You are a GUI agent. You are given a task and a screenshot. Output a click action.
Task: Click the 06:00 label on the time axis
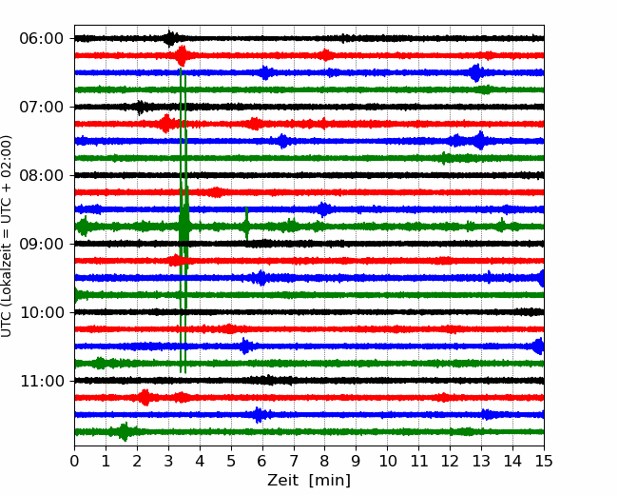point(42,39)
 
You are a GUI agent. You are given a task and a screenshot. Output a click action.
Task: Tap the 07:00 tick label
point(42,107)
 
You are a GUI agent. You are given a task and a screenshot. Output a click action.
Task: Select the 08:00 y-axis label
point(42,176)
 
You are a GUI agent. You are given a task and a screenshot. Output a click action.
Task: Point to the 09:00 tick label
point(42,244)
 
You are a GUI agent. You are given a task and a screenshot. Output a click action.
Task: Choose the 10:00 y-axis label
point(42,312)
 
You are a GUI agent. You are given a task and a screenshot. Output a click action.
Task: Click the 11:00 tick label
point(42,382)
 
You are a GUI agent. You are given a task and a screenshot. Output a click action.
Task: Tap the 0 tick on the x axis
point(74,461)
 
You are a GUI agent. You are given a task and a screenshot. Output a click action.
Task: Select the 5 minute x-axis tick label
point(231,461)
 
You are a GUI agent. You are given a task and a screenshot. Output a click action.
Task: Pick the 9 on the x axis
point(357,461)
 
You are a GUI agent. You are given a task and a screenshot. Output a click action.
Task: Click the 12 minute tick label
point(450,461)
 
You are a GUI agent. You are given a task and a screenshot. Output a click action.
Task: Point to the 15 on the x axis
point(544,461)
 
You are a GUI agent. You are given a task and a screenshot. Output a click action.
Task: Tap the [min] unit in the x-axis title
point(330,481)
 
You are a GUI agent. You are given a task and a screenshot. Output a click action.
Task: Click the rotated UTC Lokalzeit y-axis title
point(7,236)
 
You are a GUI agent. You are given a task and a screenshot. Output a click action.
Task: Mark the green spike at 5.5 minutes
point(247,224)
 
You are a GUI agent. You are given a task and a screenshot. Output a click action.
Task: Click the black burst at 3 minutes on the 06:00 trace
point(170,38)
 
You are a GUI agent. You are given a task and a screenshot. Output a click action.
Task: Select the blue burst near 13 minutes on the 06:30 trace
point(476,72)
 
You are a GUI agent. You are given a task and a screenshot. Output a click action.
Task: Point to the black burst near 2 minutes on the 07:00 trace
point(141,107)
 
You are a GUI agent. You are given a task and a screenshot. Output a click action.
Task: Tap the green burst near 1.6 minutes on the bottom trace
point(125,432)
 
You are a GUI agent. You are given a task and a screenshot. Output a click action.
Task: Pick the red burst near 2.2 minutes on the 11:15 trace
point(145,398)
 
